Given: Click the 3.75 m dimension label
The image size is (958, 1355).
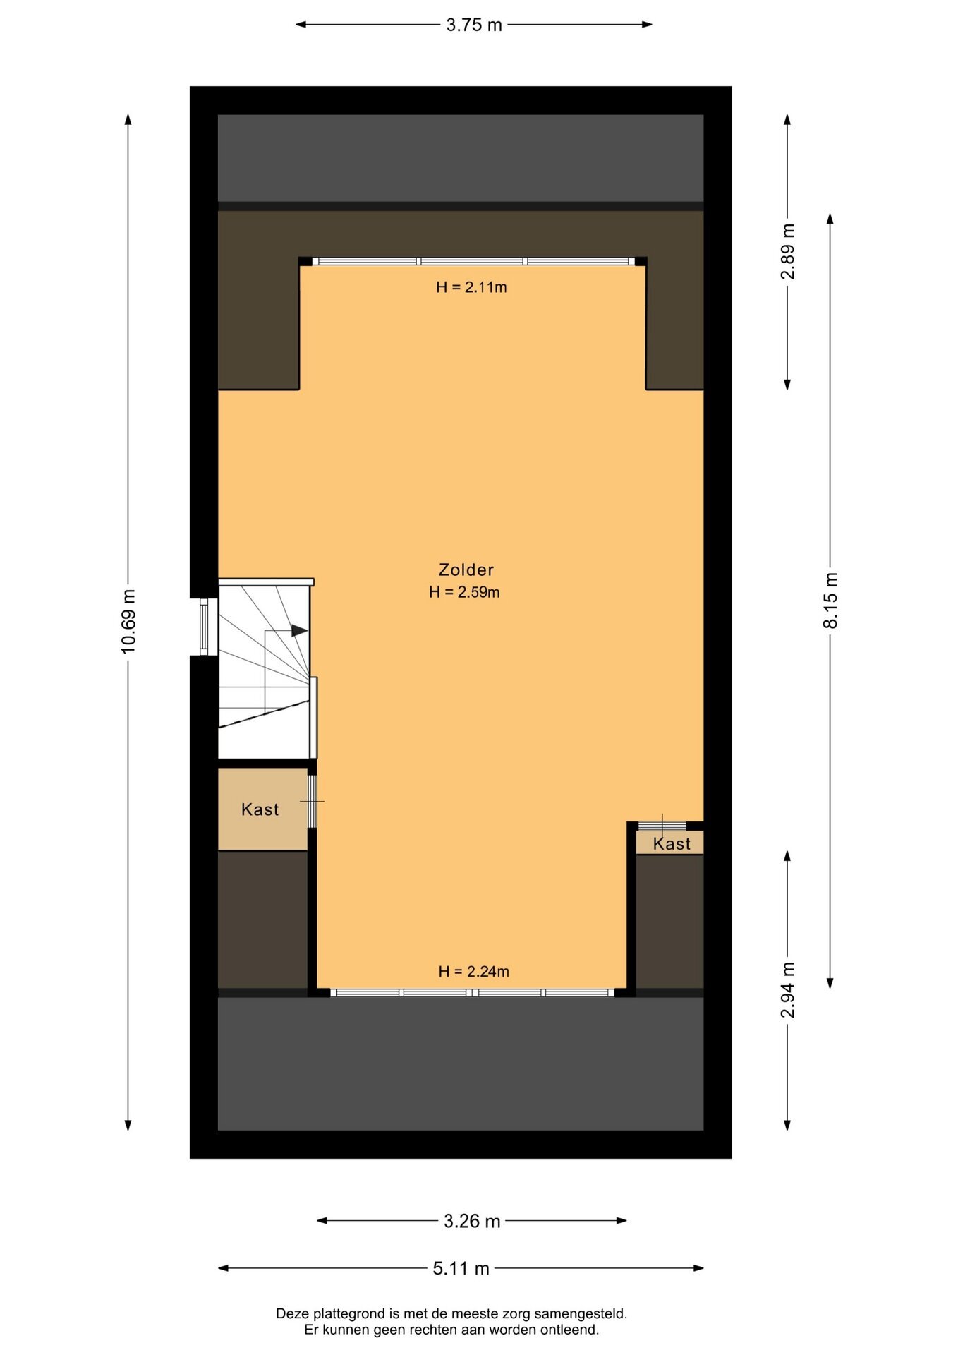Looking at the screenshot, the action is tap(473, 25).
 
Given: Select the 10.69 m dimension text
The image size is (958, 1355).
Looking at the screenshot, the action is tap(128, 621).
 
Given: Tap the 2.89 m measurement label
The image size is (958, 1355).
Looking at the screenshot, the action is tap(787, 252).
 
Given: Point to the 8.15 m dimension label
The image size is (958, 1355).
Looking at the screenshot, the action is tap(830, 601).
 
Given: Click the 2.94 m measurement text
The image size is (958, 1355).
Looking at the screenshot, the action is tap(787, 990).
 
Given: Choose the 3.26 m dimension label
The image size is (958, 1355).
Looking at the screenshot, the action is tap(472, 1222).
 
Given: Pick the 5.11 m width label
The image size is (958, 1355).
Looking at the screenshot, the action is tap(461, 1269).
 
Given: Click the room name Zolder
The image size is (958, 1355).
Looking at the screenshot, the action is tap(466, 570).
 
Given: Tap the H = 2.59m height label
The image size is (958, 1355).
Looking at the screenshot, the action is tap(464, 593).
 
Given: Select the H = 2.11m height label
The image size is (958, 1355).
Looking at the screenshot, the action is tap(471, 287).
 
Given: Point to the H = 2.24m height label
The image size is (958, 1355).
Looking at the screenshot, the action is tap(473, 972).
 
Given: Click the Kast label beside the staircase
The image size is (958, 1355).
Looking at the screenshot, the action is tap(260, 809).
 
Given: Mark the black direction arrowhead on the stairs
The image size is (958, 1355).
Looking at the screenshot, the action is tap(300, 631).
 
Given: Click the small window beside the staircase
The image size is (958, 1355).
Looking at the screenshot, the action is tap(204, 627).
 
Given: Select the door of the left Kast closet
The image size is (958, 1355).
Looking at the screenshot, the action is tap(312, 801).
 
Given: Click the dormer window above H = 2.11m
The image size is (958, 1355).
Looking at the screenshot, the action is tap(473, 261).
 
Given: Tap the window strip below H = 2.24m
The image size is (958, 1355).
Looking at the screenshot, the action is tap(472, 993).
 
